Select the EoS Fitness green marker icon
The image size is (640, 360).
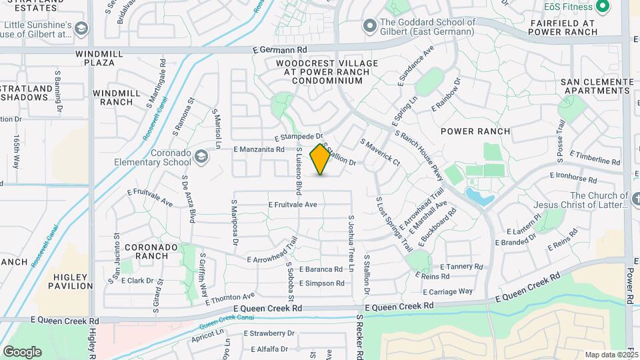coord(603,7)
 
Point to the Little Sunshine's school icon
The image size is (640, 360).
coord(81,29)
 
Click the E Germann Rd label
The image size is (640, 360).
coord(280,49)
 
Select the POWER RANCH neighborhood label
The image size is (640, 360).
coord(475,131)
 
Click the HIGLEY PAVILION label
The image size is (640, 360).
coord(71,281)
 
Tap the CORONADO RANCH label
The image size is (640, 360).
coord(151,251)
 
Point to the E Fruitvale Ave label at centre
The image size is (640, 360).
coord(293,205)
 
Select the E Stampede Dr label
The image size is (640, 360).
coord(302,137)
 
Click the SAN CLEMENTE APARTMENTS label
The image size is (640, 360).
coord(597,87)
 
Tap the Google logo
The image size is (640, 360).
coord(22,351)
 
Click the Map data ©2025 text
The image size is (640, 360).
coord(611,355)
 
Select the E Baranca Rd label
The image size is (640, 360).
coord(321,269)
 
